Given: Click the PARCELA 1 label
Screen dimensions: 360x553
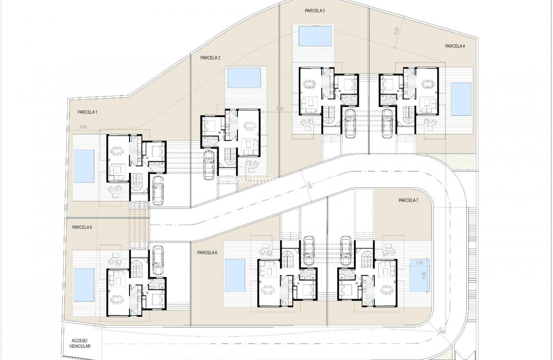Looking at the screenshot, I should (x=87, y=112).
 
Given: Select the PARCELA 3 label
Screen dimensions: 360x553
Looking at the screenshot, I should (x=315, y=11).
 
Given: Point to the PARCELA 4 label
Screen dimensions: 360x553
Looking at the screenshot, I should (x=455, y=46).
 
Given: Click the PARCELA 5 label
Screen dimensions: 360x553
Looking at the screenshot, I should (x=82, y=228).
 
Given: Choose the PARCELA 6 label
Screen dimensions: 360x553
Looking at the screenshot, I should (x=207, y=253).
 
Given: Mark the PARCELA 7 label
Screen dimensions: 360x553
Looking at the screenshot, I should (x=408, y=201).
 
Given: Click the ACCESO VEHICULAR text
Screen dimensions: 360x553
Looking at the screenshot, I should (x=81, y=343).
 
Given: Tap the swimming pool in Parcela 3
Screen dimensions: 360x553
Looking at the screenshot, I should (x=316, y=36).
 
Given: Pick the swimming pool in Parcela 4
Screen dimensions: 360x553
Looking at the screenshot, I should (x=461, y=99).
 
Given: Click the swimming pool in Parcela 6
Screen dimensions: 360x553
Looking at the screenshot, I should (x=235, y=275).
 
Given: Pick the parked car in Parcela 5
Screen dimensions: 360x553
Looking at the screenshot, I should (x=158, y=260).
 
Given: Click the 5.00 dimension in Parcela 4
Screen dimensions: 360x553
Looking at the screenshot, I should (x=396, y=33).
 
